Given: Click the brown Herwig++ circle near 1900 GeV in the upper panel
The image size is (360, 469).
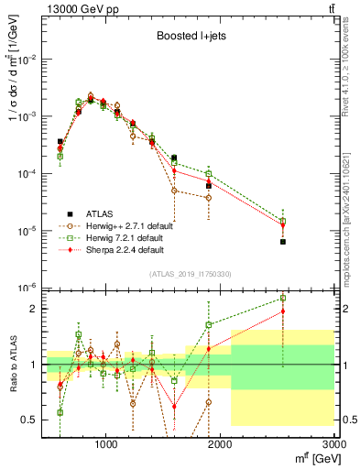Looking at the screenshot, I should click(x=209, y=198).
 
